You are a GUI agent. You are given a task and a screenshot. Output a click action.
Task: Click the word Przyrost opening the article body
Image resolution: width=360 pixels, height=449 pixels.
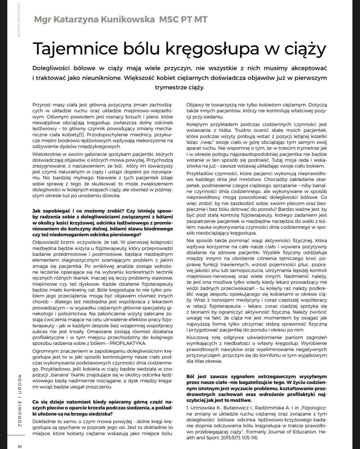tap(41, 105)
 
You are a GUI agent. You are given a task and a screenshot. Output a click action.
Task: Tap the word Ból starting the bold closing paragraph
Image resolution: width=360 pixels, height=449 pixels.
tap(191, 376)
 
